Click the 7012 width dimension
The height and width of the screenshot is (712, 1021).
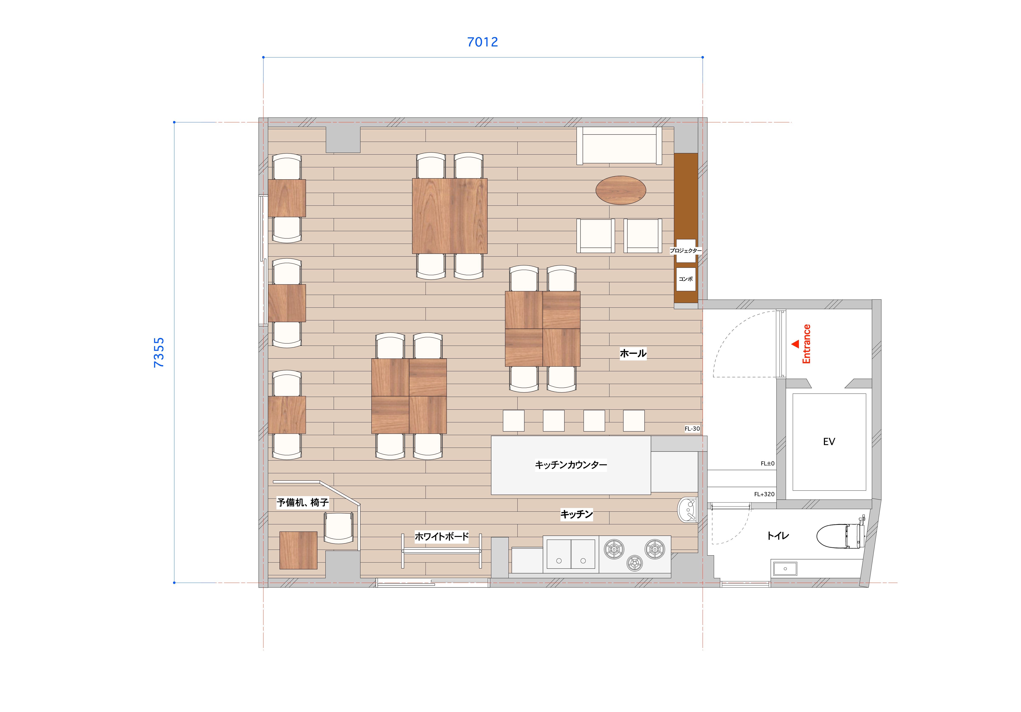(x=482, y=42)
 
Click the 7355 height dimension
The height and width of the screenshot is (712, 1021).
(x=159, y=352)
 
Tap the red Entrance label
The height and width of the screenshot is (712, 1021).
(x=806, y=344)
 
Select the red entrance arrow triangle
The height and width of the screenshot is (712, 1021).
(x=795, y=344)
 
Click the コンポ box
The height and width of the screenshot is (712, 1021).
(x=686, y=279)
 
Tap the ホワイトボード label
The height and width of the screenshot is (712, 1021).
(x=442, y=536)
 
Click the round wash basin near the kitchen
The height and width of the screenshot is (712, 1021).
(x=688, y=509)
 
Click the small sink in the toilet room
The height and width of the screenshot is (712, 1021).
(x=785, y=568)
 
